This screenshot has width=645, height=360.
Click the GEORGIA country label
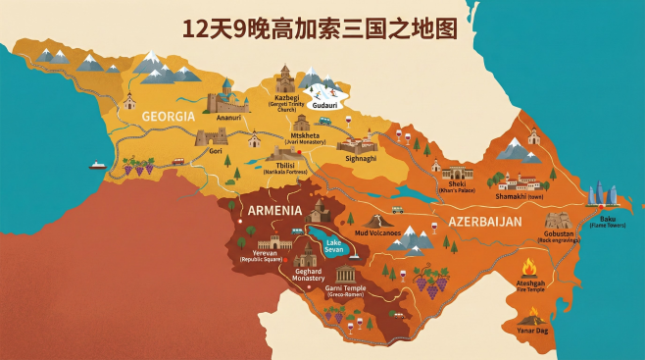(169, 116)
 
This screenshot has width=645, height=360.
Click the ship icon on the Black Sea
(96, 165)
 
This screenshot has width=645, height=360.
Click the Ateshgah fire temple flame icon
(530, 267)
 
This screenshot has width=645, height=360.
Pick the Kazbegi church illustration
(284, 78)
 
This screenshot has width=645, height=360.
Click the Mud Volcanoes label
(377, 233)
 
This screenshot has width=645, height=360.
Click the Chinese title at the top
(322, 27)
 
